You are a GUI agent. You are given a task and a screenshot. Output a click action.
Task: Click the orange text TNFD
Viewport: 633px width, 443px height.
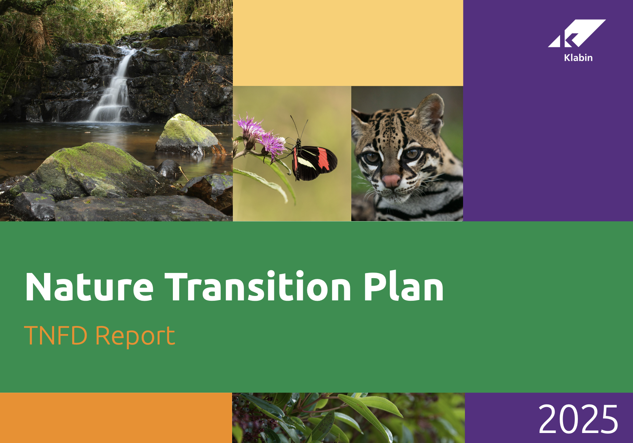coord(56,335)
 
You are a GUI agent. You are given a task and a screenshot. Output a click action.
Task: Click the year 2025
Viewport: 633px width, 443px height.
coord(578,419)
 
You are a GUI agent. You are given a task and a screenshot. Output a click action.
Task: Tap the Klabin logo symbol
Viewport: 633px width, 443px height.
coord(577,33)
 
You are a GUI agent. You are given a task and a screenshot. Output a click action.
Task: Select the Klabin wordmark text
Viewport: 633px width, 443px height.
coord(578,57)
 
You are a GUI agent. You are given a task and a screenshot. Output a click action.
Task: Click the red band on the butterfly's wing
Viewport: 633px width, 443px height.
coord(323,159)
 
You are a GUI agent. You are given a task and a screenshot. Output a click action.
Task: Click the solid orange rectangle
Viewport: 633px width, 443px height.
coord(116,418)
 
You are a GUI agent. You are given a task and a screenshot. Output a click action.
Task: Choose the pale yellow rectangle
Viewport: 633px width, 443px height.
coord(348,43)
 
